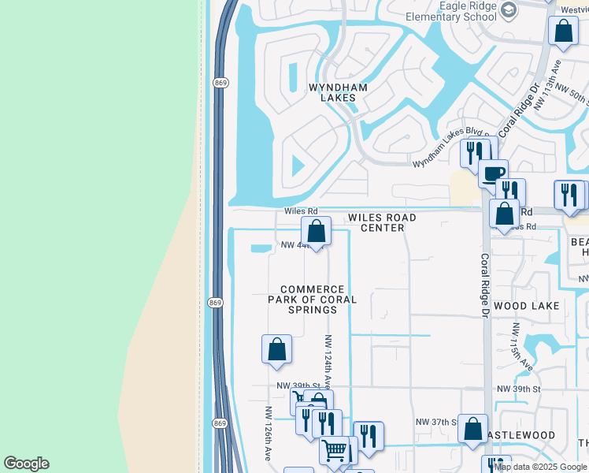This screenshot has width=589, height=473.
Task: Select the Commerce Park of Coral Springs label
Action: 312,300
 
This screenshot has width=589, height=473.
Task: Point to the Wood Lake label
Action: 526,305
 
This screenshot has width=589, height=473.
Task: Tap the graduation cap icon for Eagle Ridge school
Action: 509,9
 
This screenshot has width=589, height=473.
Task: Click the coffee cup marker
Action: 493,173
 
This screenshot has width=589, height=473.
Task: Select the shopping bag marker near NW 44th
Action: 316,231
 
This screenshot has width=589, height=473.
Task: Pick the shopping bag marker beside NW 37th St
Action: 472,429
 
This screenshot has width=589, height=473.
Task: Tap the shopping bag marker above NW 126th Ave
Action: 276,349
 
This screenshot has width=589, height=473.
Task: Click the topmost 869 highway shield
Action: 220,81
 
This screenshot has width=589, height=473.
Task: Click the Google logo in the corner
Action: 27,464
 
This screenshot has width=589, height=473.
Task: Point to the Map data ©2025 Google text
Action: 540,467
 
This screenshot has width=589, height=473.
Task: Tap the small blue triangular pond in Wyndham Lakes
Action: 298,166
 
